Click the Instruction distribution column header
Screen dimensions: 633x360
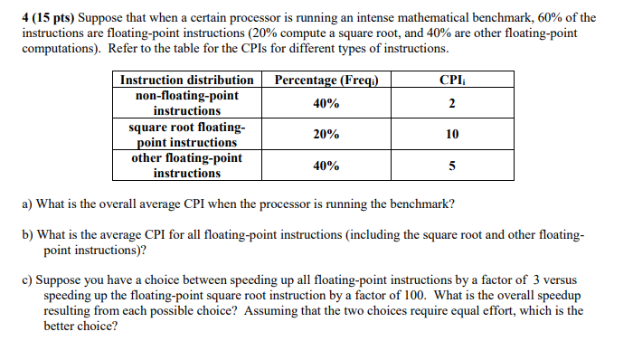coord(186,81)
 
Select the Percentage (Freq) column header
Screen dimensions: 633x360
coord(326,81)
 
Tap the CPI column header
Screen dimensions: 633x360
coord(451,81)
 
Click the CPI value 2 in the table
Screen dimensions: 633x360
coord(451,103)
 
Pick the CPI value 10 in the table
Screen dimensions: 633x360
coord(451,135)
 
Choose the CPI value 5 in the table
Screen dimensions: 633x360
coord(451,166)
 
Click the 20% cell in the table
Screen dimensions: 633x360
coord(326,135)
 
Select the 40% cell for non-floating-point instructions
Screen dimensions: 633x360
coord(326,103)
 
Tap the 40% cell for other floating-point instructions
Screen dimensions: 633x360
coord(326,166)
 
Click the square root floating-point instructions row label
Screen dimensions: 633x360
coord(186,135)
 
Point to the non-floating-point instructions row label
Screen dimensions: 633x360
coord(186,103)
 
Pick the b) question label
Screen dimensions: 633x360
coord(28,234)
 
